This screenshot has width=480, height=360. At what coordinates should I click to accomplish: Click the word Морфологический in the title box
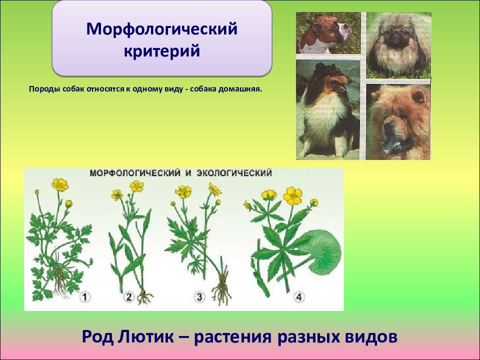(162, 29)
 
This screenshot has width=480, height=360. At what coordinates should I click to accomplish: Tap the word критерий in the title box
(162, 51)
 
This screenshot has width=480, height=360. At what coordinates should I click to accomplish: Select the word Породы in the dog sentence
(44, 89)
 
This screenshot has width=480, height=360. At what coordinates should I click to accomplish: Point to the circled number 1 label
(85, 296)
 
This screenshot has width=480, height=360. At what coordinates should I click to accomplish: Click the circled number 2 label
(128, 296)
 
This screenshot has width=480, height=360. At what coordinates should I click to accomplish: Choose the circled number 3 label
(199, 296)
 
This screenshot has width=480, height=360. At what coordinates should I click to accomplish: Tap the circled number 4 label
(299, 296)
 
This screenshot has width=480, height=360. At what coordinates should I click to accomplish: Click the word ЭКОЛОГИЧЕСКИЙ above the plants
(234, 173)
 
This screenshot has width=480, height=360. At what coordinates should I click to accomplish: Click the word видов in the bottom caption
(371, 337)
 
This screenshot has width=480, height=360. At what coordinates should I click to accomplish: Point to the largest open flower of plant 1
(60, 185)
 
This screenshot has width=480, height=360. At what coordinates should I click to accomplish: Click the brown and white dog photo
(328, 33)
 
